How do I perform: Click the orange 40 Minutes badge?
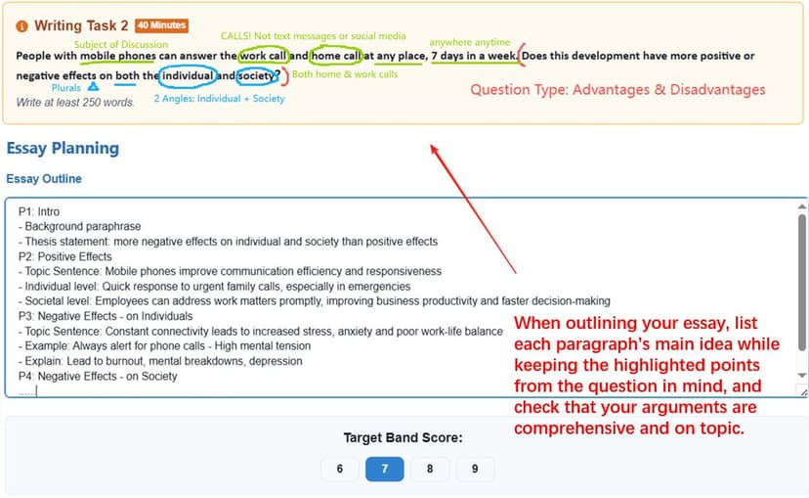161,25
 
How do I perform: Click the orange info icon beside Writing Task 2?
22,25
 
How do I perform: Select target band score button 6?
339,469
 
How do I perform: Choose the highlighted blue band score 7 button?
384,469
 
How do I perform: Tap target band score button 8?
430,469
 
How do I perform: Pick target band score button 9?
475,469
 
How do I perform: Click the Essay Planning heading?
63,149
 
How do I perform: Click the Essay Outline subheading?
44,179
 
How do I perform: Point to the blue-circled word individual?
188,76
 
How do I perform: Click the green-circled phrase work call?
263,56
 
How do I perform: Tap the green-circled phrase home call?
336,56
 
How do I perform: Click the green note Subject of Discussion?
121,44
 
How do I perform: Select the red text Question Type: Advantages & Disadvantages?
617,90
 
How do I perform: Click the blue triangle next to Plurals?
93,87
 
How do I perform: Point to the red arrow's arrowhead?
434,149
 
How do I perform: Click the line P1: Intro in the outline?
39,211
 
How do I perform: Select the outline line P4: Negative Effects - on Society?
98,377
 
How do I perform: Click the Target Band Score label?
403,438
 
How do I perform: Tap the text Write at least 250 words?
75,103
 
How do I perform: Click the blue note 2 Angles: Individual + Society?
219,98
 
